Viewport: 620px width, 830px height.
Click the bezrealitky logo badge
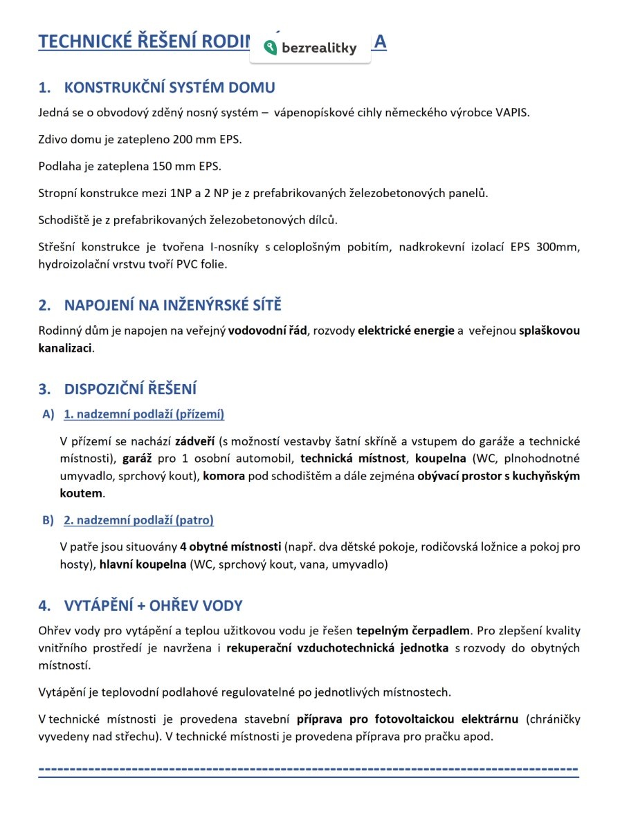pyautogui.click(x=310, y=48)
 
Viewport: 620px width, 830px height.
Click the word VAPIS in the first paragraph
pyautogui.click(x=513, y=113)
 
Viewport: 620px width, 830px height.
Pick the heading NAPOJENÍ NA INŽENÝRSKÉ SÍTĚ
pyautogui.click(x=172, y=306)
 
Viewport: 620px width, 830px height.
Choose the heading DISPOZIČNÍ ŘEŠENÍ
pyautogui.click(x=131, y=389)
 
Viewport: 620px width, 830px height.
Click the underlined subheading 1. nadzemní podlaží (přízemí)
pyautogui.click(x=144, y=415)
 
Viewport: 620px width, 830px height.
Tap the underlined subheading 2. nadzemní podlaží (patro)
pyautogui.click(x=138, y=520)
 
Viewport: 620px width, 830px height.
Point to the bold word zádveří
pyautogui.click(x=195, y=441)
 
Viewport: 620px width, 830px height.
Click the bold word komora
pyautogui.click(x=224, y=477)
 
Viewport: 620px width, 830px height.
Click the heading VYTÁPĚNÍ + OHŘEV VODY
pyautogui.click(x=153, y=607)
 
